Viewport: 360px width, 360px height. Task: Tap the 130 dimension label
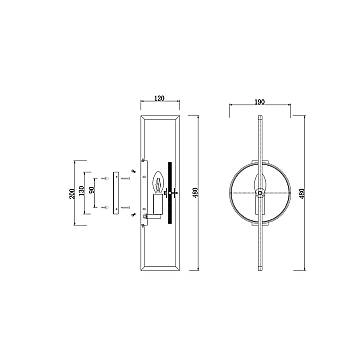coord(85,191)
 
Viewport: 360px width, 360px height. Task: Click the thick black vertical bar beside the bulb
coord(171,191)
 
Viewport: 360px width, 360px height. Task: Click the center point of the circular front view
coord(260,192)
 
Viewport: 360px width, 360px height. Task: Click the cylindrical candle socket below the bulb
coord(157,205)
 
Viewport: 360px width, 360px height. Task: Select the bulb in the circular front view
coord(260,185)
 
